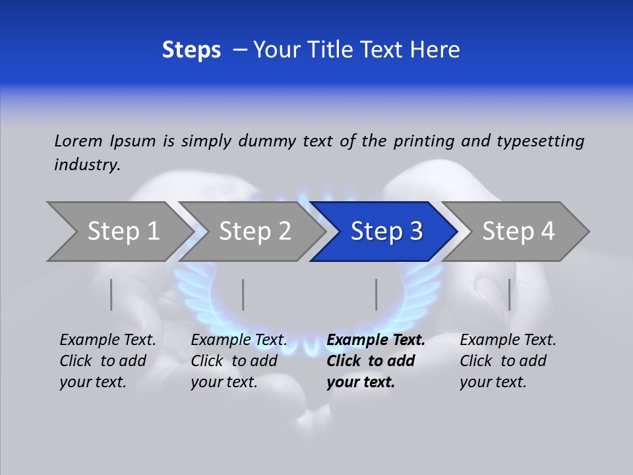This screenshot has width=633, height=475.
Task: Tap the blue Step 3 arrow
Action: tap(386, 231)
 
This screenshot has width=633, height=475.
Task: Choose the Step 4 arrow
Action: tap(518, 231)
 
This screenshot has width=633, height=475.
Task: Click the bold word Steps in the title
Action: tap(191, 50)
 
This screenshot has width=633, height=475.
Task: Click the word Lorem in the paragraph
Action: tap(78, 141)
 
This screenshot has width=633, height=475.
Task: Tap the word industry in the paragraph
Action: tap(87, 165)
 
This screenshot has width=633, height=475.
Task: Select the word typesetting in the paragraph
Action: tap(540, 141)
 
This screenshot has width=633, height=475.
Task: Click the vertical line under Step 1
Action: tap(111, 294)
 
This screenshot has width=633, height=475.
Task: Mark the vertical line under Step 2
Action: tap(243, 294)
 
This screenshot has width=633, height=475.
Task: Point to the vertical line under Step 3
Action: tap(377, 294)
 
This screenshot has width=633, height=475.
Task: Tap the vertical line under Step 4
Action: tap(510, 294)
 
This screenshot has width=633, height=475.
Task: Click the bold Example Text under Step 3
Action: tap(376, 340)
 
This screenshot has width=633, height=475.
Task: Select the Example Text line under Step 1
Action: tap(107, 340)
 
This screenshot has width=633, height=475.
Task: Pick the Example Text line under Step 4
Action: tap(508, 340)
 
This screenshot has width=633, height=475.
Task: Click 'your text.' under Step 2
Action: tap(224, 382)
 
